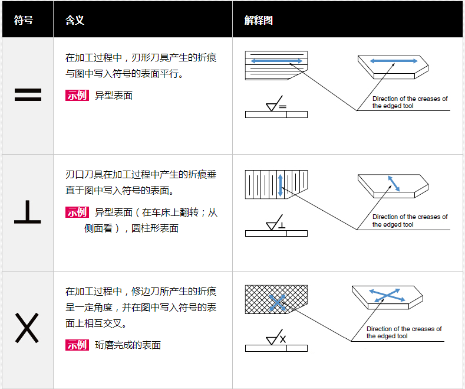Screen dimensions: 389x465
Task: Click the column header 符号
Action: coord(24,20)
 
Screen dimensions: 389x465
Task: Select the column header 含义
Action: coord(75,20)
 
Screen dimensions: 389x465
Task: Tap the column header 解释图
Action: coord(259,20)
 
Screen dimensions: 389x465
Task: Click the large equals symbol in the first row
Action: coord(28,95)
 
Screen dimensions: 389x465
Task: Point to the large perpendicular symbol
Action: coord(28,213)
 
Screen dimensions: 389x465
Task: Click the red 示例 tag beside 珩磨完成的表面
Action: coord(77,345)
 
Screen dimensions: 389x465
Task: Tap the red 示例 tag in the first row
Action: coord(77,96)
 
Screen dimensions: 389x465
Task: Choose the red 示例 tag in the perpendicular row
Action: coord(77,213)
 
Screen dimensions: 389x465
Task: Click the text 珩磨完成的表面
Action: coord(128,345)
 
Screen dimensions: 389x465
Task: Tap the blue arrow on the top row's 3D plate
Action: coord(393,61)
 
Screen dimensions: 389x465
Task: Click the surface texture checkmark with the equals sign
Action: coord(275,105)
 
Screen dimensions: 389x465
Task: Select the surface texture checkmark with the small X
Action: coord(275,339)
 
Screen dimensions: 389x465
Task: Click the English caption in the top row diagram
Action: coord(410,103)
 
